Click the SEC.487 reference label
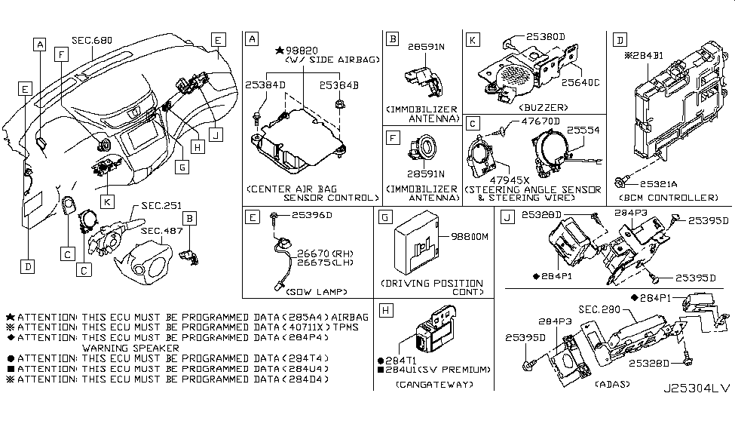coord(160,230)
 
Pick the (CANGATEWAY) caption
coord(433,384)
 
